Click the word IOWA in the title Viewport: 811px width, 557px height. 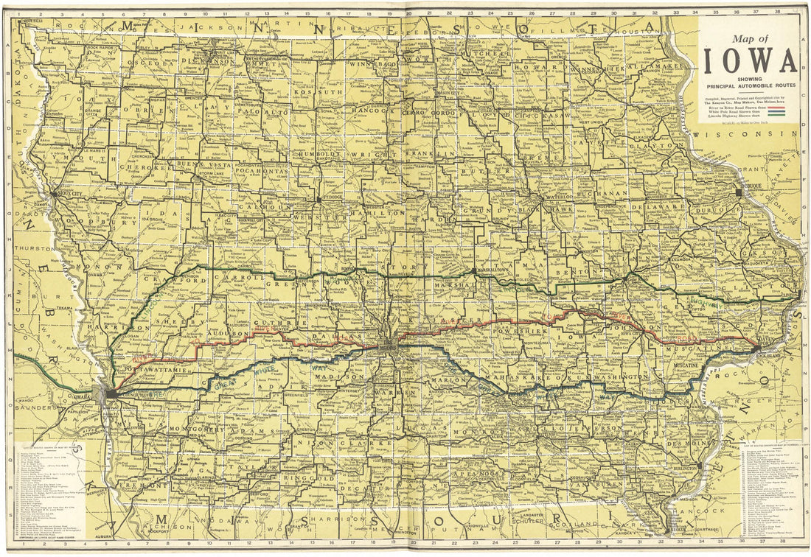pos(749,61)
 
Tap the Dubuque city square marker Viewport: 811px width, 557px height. pos(739,192)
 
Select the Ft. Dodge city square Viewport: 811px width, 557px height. pos(319,198)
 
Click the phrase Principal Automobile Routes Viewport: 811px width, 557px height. pos(749,85)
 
